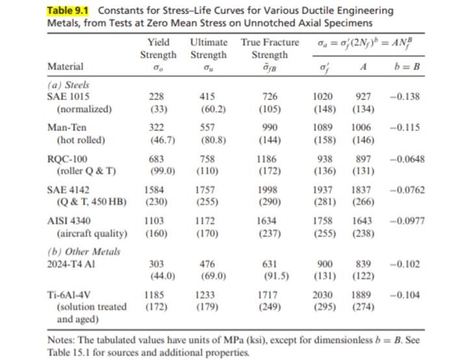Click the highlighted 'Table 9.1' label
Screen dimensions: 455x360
point(68,10)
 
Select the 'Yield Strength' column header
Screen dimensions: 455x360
point(158,49)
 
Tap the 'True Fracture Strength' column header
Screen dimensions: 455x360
point(270,49)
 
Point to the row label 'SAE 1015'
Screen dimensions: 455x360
point(68,96)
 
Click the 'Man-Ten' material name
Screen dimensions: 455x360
point(67,127)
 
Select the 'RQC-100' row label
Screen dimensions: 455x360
point(67,159)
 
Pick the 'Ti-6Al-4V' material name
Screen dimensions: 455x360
point(69,295)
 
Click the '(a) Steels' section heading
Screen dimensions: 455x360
point(68,85)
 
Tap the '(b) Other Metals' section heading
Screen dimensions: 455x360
point(84,251)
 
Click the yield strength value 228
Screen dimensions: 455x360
point(157,96)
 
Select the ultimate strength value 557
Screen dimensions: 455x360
point(207,127)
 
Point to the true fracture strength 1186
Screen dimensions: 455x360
point(266,159)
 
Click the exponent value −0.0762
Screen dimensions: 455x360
point(407,190)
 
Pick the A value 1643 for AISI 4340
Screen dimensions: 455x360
point(361,221)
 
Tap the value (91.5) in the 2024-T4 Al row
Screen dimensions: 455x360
point(276,276)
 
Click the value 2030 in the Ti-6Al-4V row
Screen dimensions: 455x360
point(322,295)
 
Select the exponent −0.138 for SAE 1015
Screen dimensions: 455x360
point(404,96)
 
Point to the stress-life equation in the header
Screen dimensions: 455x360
point(365,44)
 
